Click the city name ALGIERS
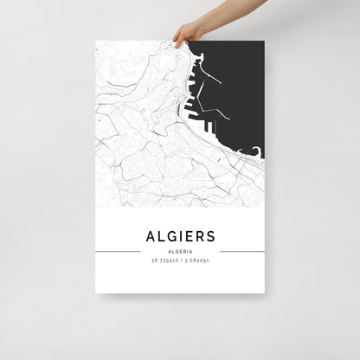point(181,235)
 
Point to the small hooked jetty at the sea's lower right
point(257,156)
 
